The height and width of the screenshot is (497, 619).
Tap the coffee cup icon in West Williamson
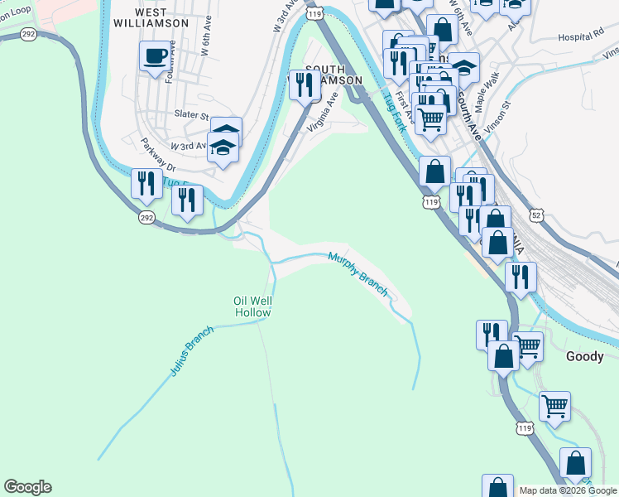(156, 57)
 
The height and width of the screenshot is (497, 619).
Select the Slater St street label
(190, 113)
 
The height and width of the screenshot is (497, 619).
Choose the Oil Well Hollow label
(253, 306)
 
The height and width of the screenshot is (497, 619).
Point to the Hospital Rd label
(580, 37)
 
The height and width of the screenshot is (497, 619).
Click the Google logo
(27, 487)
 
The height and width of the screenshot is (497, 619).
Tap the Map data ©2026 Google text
(568, 490)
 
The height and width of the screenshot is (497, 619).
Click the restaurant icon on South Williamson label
(305, 84)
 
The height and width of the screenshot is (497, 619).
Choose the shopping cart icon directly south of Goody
(554, 406)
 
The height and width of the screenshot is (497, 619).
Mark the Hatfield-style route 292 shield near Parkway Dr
(146, 217)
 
